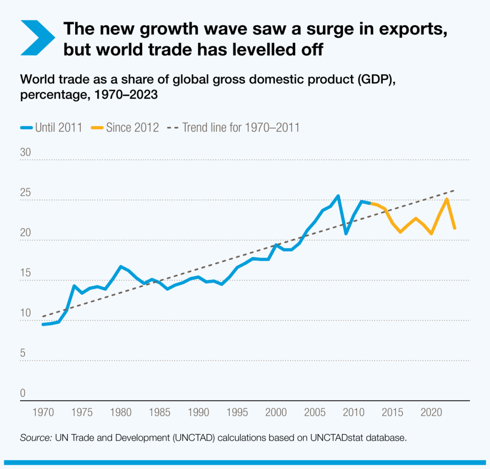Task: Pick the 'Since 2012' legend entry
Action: coord(125,128)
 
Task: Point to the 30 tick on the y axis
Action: coord(25,153)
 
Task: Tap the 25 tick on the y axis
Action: coord(25,193)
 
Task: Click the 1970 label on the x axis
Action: coord(43,412)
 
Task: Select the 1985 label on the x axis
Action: coord(160,412)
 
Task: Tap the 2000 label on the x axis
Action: coord(276,412)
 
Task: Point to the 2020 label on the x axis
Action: coord(432,412)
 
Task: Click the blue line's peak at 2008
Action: coord(338,196)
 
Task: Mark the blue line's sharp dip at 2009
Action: coord(346,234)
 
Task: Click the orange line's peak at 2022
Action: coord(447,199)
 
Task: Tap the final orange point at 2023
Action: coord(455,228)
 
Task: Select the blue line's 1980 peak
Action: coord(121,266)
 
